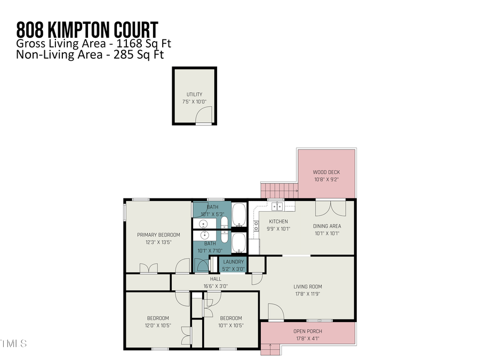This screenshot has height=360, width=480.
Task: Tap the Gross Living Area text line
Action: click(94, 43)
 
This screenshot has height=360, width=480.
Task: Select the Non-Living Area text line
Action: click(90, 54)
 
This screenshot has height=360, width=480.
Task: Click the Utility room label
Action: click(194, 94)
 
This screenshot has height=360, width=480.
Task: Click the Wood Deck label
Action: click(326, 172)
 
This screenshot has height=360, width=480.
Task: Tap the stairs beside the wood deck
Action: click(277, 189)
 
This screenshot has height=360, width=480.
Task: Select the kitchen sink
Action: click(277, 206)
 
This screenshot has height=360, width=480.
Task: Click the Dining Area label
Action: click(327, 226)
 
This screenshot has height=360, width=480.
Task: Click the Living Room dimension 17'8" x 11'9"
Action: click(308, 293)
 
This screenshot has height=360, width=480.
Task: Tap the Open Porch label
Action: click(308, 331)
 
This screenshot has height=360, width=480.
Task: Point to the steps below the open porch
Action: click(270, 350)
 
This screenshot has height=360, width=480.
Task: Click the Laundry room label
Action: click(234, 262)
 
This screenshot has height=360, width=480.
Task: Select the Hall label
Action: click(215, 279)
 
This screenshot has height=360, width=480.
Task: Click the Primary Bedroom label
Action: click(158, 235)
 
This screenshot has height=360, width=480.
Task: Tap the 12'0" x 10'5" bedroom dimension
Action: click(158, 325)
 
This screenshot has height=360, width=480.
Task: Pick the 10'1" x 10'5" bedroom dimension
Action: click(231, 325)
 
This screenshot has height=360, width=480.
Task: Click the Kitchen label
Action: click(278, 221)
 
